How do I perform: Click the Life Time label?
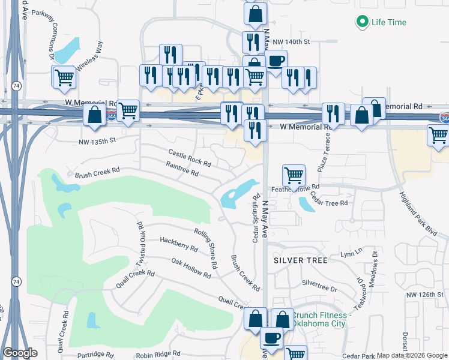[388, 23]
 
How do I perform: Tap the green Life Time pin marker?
[362, 22]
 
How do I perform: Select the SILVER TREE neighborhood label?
[301, 260]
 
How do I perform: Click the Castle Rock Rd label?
[190, 158]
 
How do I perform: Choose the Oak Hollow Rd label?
[191, 268]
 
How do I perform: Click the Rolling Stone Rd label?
[205, 247]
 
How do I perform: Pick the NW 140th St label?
[291, 42]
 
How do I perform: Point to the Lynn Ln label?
[352, 254]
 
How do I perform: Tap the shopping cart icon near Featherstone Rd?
[294, 176]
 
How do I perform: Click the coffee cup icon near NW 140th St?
[276, 61]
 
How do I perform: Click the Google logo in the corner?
[20, 353]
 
